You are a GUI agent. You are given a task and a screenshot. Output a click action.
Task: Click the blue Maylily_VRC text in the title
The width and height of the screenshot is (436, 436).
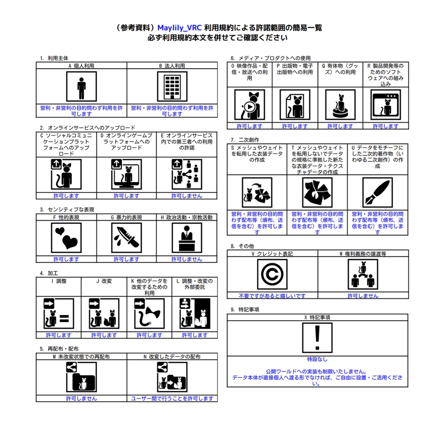point(179,28)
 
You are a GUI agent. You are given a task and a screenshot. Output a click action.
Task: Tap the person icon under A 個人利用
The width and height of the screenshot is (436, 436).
point(81,86)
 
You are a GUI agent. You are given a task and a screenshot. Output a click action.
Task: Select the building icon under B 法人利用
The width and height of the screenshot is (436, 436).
point(172,86)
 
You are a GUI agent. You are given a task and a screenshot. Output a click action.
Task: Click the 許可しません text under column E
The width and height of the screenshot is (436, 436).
point(186,196)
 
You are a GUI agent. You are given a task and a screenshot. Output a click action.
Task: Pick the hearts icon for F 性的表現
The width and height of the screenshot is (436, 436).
point(66,238)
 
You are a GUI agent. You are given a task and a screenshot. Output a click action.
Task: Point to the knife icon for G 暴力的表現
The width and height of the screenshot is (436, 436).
point(126,238)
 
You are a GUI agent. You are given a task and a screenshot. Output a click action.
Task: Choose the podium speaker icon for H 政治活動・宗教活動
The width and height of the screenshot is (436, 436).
point(186,238)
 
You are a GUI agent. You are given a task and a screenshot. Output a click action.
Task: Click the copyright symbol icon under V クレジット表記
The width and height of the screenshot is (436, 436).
point(272,274)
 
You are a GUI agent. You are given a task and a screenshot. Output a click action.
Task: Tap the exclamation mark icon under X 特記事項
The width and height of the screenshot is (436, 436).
point(317,338)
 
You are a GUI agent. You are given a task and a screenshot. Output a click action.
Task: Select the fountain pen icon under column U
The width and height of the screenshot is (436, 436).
point(377,192)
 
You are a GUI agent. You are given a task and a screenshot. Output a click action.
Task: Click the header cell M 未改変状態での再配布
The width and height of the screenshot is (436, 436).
point(81,356)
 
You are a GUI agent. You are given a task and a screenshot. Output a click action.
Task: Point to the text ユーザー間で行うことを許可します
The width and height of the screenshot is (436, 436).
point(172,399)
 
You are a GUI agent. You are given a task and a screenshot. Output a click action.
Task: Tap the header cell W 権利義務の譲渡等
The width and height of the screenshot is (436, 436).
point(363,253)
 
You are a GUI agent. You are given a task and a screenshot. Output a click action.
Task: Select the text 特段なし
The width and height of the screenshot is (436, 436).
point(317,359)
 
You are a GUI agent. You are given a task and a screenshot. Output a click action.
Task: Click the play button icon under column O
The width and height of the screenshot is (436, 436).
point(250,106)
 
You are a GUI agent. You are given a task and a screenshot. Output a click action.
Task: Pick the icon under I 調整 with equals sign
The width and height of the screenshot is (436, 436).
point(59,314)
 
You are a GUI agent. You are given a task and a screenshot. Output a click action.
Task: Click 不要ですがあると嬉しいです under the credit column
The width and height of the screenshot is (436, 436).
point(272,295)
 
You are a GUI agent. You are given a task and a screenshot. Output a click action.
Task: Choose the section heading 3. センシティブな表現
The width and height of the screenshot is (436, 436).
point(67,209)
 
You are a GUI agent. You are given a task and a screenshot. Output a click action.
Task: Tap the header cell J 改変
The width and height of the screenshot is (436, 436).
point(104,281)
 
